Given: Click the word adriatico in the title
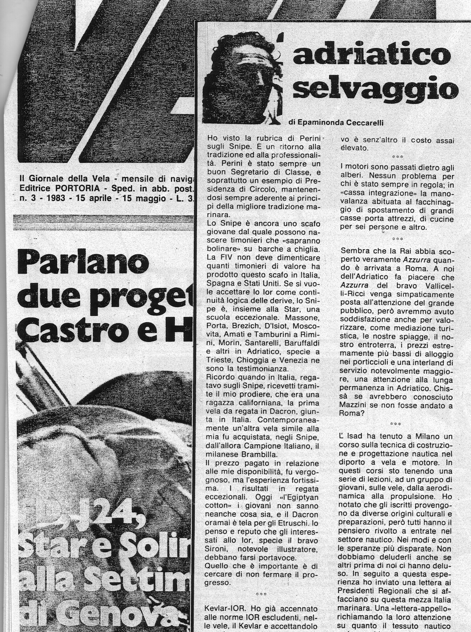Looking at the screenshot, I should (x=372, y=55).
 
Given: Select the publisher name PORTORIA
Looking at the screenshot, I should (x=75, y=189).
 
